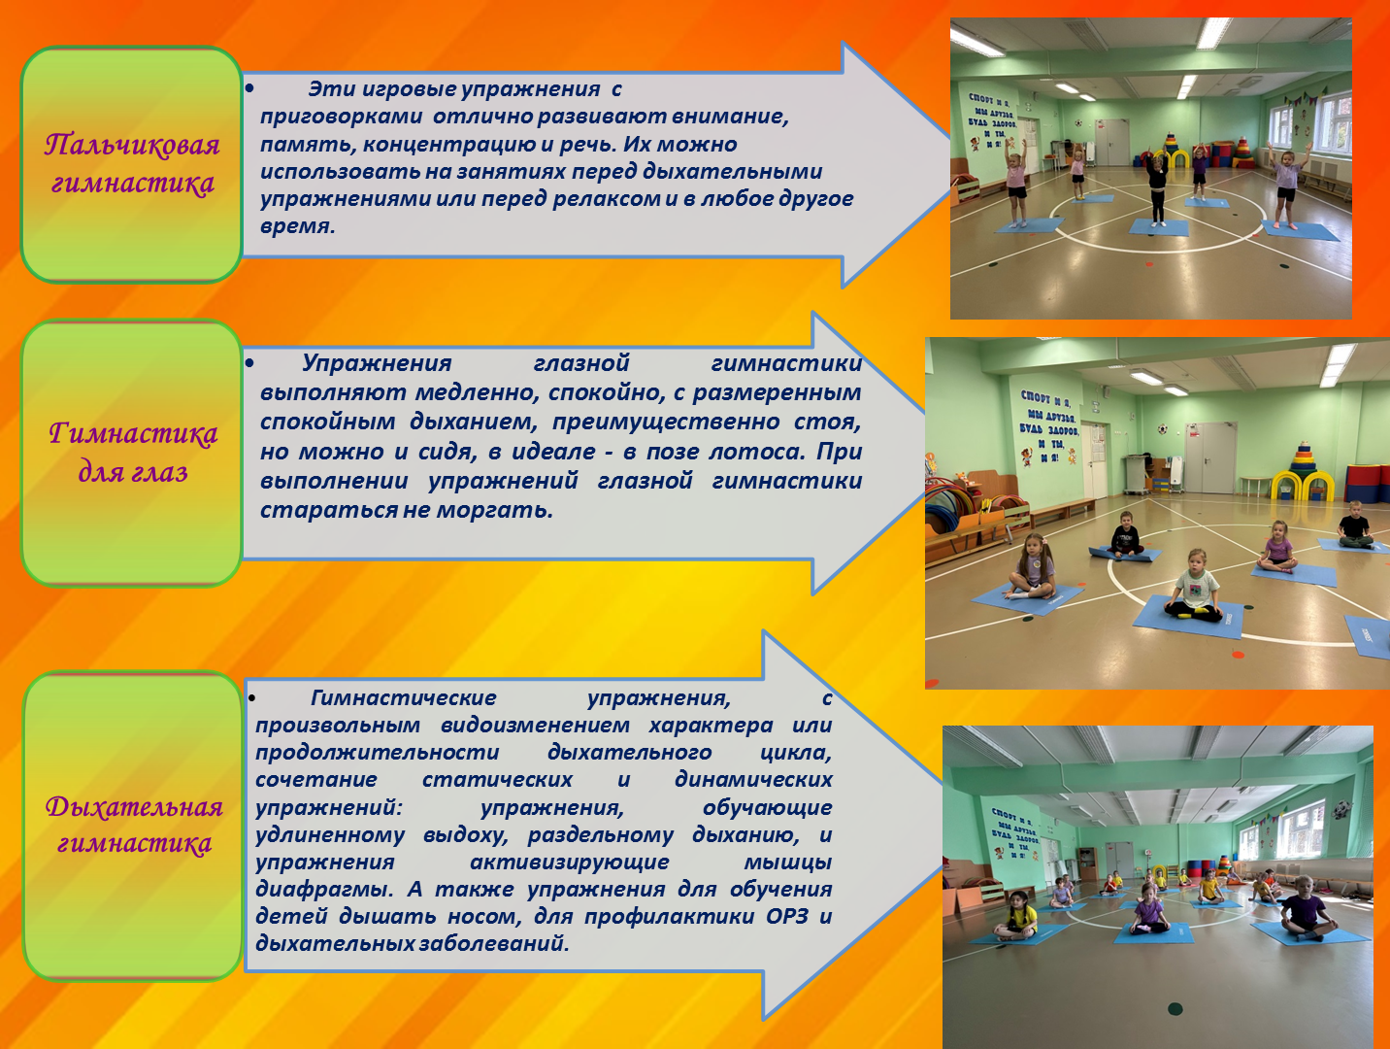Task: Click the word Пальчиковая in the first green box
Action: (x=132, y=145)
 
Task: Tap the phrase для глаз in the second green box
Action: (x=133, y=472)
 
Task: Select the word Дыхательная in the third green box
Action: (x=134, y=806)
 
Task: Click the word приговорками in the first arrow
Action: (x=341, y=118)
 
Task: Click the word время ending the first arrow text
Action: (x=297, y=226)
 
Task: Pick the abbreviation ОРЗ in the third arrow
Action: (x=787, y=917)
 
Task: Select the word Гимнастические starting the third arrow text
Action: (x=404, y=698)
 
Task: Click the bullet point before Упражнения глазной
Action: (x=249, y=363)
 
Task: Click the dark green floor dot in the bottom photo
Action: (x=1175, y=1008)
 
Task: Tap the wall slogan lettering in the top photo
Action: (x=992, y=119)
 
